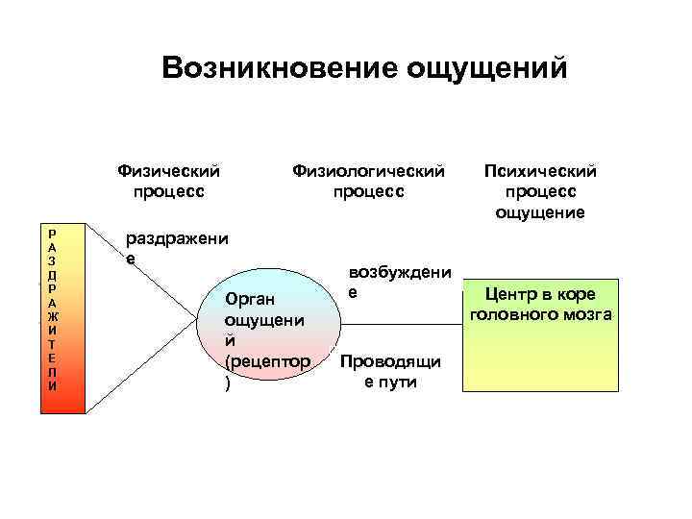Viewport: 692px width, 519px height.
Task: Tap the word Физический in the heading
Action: pos(168,171)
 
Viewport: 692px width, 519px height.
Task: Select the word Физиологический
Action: pos(369,171)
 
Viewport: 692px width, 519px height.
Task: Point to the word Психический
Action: pos(540,171)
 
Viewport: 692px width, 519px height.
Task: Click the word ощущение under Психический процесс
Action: pos(540,212)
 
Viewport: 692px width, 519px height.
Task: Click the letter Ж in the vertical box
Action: pos(53,315)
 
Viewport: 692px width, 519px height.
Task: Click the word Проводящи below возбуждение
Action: pos(390,361)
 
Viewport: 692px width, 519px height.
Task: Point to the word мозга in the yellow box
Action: pos(587,314)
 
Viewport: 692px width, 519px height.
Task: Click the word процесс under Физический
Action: pos(168,191)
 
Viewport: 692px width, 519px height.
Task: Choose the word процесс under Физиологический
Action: pos(369,191)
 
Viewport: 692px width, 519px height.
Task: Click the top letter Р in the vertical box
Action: pos(53,232)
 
